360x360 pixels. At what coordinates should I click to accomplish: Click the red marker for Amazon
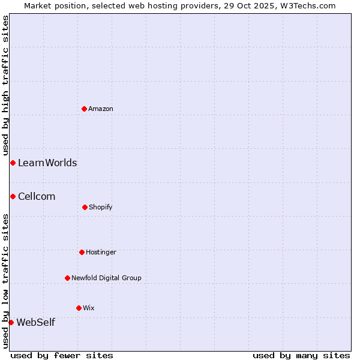click(85, 109)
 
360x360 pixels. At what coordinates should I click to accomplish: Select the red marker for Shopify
click(85, 207)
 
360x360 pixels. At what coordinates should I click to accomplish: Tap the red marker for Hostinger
click(82, 252)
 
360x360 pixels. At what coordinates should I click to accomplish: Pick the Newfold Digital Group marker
click(67, 278)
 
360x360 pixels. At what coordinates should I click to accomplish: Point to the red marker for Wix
click(79, 308)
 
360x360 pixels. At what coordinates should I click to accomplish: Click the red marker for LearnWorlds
click(13, 163)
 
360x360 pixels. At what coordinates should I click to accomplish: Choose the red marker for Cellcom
click(13, 196)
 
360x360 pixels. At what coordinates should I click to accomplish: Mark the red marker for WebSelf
click(11, 322)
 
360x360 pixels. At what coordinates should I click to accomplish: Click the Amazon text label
click(101, 109)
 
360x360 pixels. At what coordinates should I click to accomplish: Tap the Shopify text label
click(101, 207)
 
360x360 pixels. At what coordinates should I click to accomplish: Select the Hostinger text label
click(101, 252)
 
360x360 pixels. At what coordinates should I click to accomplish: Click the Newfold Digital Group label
click(106, 278)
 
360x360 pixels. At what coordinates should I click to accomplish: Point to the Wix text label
click(89, 308)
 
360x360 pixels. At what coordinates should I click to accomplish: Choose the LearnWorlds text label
click(47, 163)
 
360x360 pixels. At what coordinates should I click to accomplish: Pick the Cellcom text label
click(37, 196)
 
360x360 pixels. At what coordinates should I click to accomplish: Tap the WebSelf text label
click(35, 322)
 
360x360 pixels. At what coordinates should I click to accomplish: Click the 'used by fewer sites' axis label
click(62, 355)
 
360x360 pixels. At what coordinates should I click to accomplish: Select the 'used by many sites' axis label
click(301, 355)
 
